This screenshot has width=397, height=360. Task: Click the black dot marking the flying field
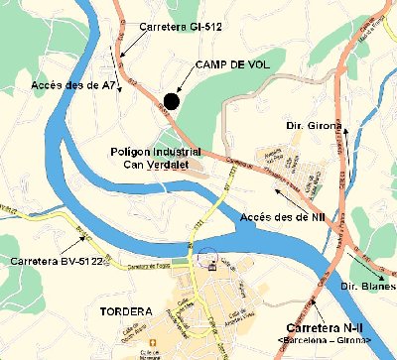[172, 100]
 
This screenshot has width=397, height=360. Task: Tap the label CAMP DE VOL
[231, 64]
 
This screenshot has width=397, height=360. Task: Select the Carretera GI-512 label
[181, 26]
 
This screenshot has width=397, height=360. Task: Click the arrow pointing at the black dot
[187, 81]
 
